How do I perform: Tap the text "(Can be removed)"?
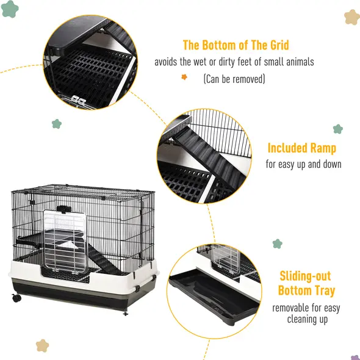(x=234, y=79)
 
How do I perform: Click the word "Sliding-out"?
(x=305, y=276)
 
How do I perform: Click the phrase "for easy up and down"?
(x=303, y=164)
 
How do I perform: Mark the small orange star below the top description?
(x=184, y=77)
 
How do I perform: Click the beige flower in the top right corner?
(x=351, y=16)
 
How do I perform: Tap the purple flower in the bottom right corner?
(x=355, y=357)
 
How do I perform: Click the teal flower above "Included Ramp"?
(x=338, y=129)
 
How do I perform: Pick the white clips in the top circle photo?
(x=77, y=99)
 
